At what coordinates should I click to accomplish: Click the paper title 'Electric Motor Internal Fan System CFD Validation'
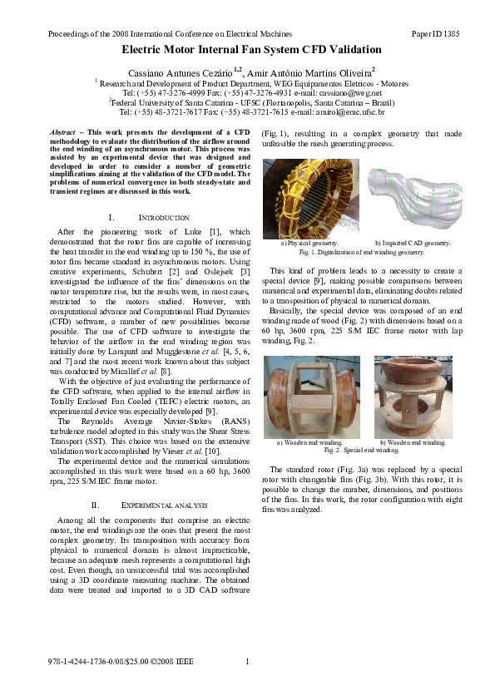(246, 51)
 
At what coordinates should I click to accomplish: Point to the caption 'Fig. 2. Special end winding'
(361, 450)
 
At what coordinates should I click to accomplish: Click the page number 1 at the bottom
(248, 662)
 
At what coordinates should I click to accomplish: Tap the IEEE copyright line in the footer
(121, 662)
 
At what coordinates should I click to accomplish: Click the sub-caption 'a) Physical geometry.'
(309, 243)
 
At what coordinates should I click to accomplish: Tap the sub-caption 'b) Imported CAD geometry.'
(413, 243)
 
